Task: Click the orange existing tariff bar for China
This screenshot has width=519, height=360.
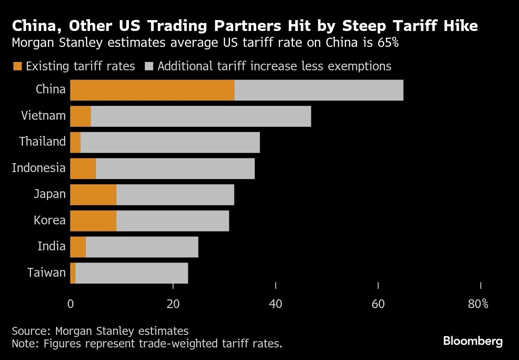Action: (x=152, y=90)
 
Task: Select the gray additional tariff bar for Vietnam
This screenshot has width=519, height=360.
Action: (x=201, y=116)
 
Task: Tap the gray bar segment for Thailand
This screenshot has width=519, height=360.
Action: (x=170, y=142)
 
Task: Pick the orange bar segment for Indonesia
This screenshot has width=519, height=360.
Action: (x=83, y=168)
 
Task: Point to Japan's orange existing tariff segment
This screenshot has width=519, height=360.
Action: (x=93, y=195)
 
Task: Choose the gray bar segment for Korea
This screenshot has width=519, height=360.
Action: (x=172, y=221)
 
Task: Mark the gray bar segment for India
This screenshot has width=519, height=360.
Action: (x=142, y=247)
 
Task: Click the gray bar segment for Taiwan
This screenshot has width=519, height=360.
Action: (x=131, y=273)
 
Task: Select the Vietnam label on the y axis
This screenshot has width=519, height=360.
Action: (x=44, y=116)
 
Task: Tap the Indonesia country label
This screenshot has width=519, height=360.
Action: (x=39, y=168)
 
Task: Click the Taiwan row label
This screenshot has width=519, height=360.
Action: (x=46, y=273)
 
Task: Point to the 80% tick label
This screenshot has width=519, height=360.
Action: (x=478, y=304)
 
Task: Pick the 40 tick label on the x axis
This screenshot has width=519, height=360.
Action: (x=275, y=304)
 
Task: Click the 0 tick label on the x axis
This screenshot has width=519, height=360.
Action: (x=70, y=304)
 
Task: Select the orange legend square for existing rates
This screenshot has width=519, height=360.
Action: (x=17, y=66)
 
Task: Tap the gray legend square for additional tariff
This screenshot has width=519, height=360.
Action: (x=149, y=66)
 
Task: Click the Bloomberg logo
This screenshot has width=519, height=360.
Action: (x=473, y=341)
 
